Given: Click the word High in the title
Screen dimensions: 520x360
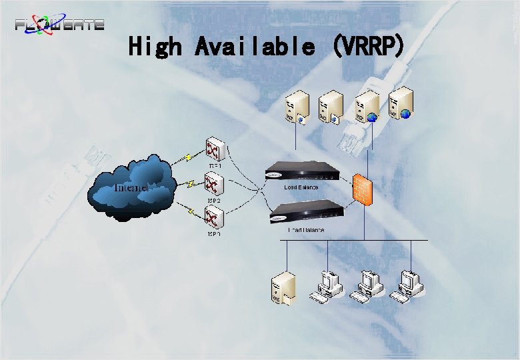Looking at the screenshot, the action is (155, 46).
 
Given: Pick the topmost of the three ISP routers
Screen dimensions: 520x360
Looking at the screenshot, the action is (215, 150).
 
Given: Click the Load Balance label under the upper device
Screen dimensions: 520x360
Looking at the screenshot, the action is (301, 187).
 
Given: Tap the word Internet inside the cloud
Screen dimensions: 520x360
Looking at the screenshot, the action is (132, 187).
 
